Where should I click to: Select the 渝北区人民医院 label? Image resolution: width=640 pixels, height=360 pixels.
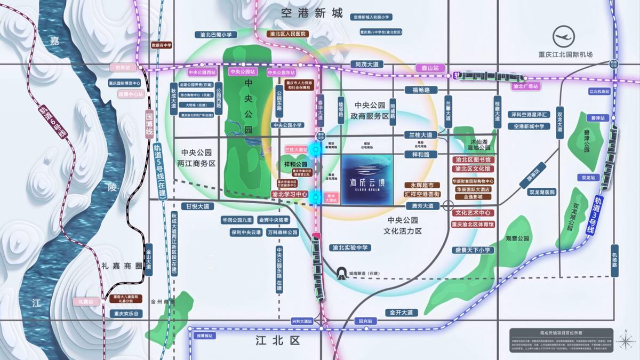click(288, 34)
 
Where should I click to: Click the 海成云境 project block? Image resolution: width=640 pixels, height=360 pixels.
click(368, 180)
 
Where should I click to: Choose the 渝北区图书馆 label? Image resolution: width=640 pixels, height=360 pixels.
click(473, 160)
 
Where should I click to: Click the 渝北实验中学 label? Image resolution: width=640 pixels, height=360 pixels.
click(350, 247)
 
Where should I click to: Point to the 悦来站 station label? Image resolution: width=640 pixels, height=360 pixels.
click(123, 68)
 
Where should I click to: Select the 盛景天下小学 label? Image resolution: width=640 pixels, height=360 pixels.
click(473, 250)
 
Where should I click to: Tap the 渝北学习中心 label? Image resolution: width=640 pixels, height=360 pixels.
click(290, 195)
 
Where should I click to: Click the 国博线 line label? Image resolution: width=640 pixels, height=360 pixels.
click(150, 125)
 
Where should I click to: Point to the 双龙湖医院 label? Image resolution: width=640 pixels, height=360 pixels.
click(541, 192)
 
